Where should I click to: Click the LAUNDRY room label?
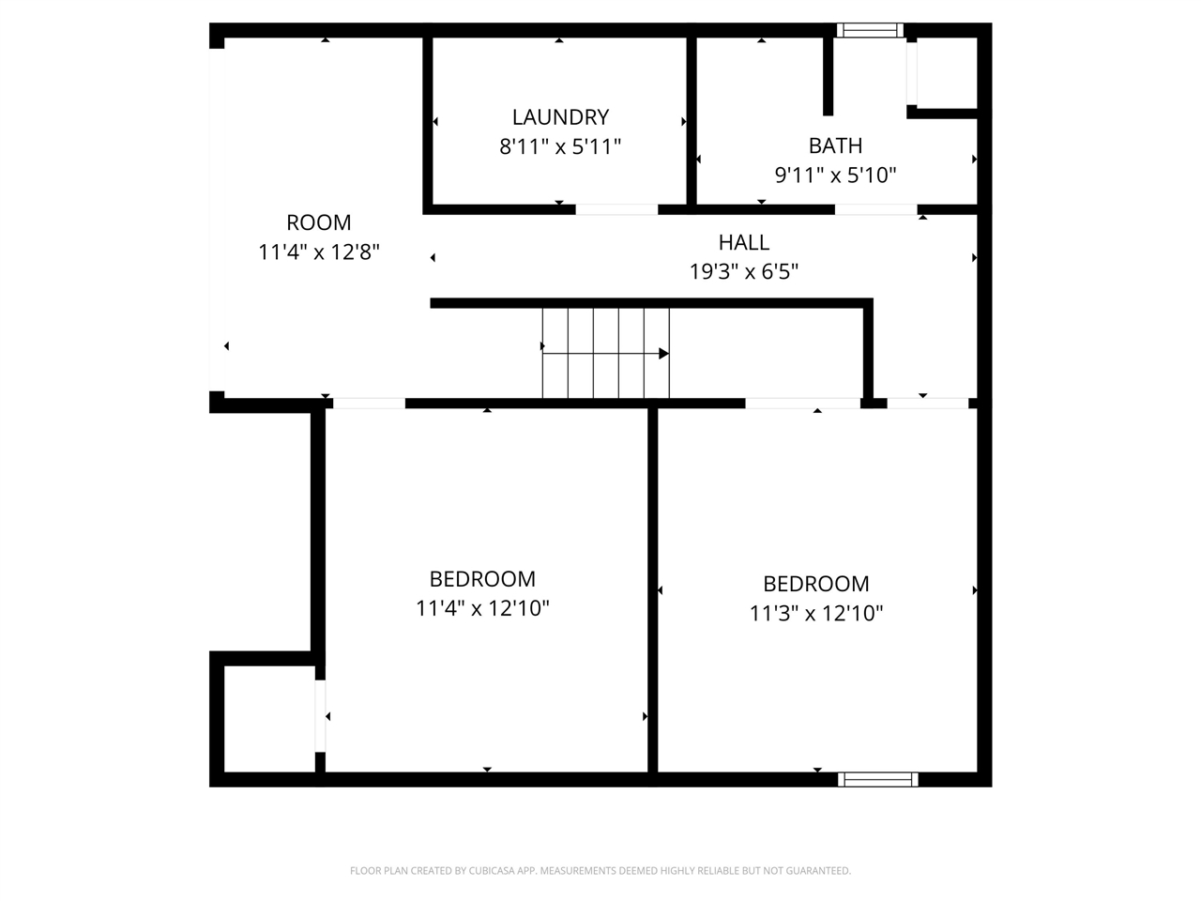[x=560, y=117]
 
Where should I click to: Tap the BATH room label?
[x=835, y=145]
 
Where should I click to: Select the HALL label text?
[x=744, y=242]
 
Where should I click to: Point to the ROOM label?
[x=319, y=222]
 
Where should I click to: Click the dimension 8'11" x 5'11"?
[x=560, y=146]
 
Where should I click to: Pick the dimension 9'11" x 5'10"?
[x=835, y=175]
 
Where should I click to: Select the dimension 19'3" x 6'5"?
[x=744, y=272]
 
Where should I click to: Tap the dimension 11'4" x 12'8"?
[x=319, y=252]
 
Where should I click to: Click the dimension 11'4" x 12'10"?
[x=482, y=608]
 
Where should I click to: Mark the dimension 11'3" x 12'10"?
[x=816, y=613]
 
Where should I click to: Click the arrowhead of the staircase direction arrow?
[x=663, y=354]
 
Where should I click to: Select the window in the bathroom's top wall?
[x=870, y=30]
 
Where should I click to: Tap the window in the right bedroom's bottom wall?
[x=877, y=779]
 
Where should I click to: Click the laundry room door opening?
[x=616, y=209]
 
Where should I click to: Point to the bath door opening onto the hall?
[x=875, y=209]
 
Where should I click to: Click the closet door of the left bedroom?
[x=320, y=716]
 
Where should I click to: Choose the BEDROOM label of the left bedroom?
[x=482, y=579]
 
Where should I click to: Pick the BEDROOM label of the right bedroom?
[x=816, y=584]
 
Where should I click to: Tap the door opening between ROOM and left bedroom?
[x=370, y=404]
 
